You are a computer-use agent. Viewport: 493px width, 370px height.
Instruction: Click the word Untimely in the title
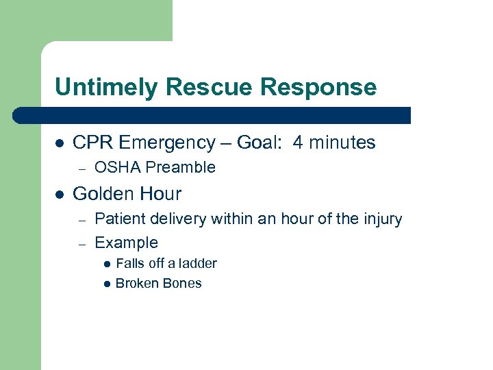(x=99, y=87)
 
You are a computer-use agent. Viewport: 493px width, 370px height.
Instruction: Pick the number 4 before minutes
(x=298, y=143)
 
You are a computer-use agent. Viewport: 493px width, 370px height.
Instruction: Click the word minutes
(x=342, y=143)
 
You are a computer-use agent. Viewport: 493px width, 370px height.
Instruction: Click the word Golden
(x=101, y=194)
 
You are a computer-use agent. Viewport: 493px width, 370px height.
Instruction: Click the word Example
(x=126, y=243)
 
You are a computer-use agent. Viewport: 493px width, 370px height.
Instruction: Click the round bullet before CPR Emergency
(x=60, y=143)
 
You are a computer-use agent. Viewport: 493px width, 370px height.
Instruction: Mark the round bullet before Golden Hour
(x=60, y=195)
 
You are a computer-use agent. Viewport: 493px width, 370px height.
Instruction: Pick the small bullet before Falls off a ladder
(x=107, y=264)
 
